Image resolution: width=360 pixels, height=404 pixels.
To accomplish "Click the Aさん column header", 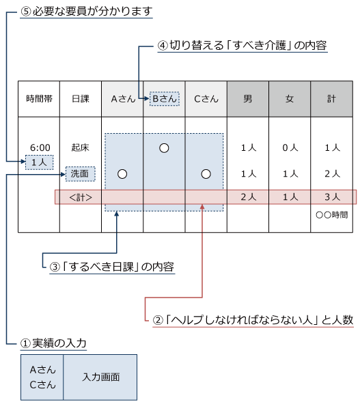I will coord(122,99).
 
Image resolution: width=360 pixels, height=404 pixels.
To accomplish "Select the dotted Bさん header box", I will coord(164,99).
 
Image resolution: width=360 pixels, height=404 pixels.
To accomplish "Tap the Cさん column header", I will coord(206,99).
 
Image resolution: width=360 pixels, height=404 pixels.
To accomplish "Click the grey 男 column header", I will coord(247,99).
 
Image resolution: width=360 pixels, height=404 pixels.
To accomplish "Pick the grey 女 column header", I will coord(290,99).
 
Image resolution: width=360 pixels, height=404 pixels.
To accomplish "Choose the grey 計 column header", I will coord(331,99).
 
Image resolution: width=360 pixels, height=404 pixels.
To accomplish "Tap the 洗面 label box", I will coord(80,174).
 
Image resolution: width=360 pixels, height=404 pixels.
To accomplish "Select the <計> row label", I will coord(80,197).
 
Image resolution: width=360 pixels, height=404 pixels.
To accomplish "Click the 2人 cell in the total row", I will coord(247,197).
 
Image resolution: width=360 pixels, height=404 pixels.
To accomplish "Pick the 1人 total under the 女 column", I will coord(290,197).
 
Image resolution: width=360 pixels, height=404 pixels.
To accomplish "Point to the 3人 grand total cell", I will coord(331,197).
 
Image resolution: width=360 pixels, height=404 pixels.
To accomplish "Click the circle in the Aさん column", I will coord(122,174).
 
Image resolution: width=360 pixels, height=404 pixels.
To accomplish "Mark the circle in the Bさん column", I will coord(164,148).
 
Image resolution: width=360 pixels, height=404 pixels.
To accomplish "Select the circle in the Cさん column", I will coord(206,174).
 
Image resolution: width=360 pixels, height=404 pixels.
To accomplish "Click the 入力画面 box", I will coord(100,377).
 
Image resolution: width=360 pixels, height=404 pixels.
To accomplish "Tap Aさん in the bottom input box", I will coord(42,369).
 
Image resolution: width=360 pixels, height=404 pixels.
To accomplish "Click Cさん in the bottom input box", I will coord(42,384).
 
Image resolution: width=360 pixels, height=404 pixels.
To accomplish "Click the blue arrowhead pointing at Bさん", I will coord(145,99).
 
